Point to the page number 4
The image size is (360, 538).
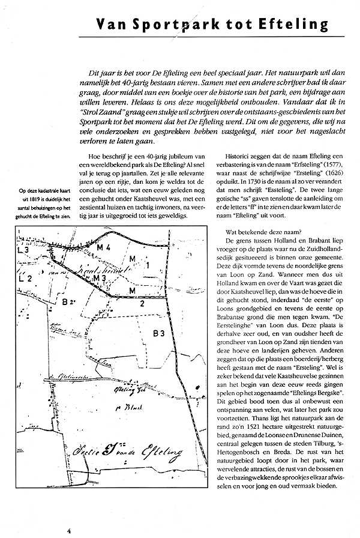click(69, 530)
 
